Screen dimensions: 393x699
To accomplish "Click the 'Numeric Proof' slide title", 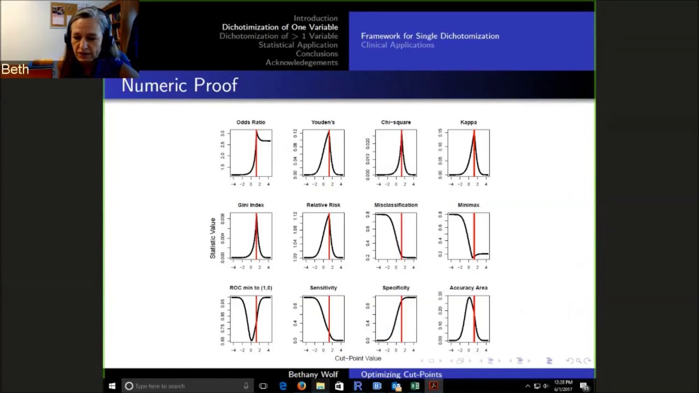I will (180, 85).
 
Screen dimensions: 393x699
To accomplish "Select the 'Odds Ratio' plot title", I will (251, 122).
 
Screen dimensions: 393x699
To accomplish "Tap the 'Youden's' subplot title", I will (323, 122).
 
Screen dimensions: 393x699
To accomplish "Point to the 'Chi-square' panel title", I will (396, 122).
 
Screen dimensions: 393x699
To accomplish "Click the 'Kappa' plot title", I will (469, 122).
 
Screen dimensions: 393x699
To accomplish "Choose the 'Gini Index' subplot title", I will (251, 205).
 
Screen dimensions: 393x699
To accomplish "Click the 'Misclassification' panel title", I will (396, 205).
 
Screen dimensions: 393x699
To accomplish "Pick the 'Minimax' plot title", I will (469, 205).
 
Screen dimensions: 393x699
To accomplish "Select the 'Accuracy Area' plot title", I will (469, 288).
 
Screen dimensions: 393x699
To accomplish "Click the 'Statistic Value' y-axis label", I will (213, 238).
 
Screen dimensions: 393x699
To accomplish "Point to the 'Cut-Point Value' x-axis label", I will (358, 359).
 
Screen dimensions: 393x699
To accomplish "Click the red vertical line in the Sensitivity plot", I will (329, 319).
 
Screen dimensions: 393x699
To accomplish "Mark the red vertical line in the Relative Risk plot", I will (329, 236).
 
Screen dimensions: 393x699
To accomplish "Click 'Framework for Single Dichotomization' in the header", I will (430, 36).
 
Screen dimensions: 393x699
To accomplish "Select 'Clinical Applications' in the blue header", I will (398, 45).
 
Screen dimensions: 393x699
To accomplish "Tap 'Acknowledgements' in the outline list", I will (301, 63).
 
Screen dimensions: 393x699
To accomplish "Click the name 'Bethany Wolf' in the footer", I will (313, 374).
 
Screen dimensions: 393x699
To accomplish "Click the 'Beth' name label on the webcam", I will (15, 70).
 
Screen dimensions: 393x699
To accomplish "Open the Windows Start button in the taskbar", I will (112, 386).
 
